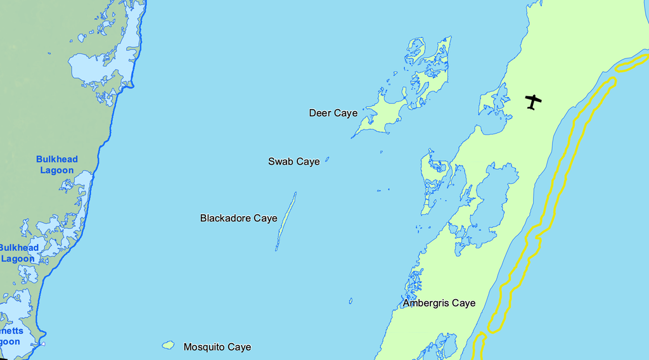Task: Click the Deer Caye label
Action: pyautogui.click(x=333, y=113)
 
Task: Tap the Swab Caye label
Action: pyautogui.click(x=294, y=162)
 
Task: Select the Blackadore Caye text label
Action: pyautogui.click(x=239, y=219)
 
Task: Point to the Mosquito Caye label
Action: pyautogui.click(x=217, y=347)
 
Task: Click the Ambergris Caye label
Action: pyautogui.click(x=439, y=304)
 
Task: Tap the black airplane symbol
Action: pyautogui.click(x=534, y=101)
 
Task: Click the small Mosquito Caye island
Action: pyautogui.click(x=168, y=345)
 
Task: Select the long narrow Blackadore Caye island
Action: pyautogui.click(x=286, y=222)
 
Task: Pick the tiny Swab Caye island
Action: pyautogui.click(x=327, y=160)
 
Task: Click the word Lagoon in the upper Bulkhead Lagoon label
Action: pyautogui.click(x=57, y=170)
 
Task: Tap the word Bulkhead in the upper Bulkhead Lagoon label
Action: pyautogui.click(x=57, y=160)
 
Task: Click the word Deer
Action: pyautogui.click(x=320, y=113)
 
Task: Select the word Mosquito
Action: pyautogui.click(x=204, y=347)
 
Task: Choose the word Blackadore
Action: pyautogui.click(x=226, y=219)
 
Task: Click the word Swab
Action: pyautogui.click(x=281, y=162)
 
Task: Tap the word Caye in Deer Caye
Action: pyautogui.click(x=346, y=113)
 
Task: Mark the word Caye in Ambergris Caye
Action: pyautogui.click(x=463, y=304)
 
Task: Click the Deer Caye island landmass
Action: pyautogui.click(x=377, y=117)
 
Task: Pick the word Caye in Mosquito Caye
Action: pyautogui.click(x=239, y=347)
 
